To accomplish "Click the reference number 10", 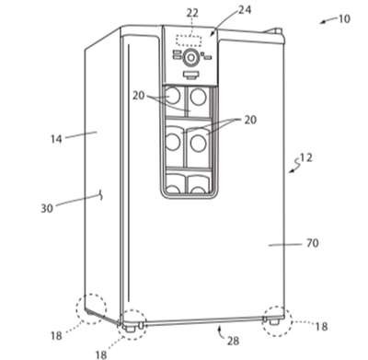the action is tap(344, 19).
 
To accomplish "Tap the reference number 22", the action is tap(192, 13).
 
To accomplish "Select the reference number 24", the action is tap(245, 10).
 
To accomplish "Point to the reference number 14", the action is tap(56, 139).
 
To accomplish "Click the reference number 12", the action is tap(306, 157).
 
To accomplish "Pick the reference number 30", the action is tap(47, 209).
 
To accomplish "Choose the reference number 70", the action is tap(313, 243).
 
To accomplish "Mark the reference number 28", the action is tap(233, 341).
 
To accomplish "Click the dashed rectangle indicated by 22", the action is tap(189, 41).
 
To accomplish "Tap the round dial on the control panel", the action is tap(191, 57).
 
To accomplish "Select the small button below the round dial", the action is tap(191, 75).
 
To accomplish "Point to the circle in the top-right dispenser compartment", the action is tap(199, 97).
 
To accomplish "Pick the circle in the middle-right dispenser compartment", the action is tap(199, 144).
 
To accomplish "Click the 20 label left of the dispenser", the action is tap(138, 96).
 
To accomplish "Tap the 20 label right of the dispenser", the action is tap(250, 120).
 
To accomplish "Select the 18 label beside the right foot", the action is tap(321, 327).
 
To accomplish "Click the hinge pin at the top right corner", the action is tap(278, 31).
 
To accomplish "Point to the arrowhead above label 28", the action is tap(219, 329).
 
